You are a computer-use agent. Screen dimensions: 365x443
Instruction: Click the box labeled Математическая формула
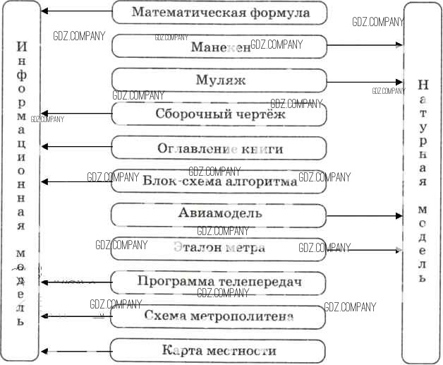219,12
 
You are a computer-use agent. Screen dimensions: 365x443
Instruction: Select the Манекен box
219,47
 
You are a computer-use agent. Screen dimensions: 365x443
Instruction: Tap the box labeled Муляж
219,80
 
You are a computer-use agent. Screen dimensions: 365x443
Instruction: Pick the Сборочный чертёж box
219,114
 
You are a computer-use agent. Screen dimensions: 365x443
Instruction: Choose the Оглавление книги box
219,148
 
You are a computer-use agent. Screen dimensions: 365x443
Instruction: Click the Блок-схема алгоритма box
219,181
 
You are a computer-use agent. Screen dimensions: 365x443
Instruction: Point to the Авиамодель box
219,213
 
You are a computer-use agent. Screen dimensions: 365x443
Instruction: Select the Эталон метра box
219,248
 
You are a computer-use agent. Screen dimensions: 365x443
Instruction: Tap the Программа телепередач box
219,282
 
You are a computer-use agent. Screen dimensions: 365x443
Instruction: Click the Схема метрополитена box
219,316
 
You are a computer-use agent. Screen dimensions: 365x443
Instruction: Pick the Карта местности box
219,350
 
